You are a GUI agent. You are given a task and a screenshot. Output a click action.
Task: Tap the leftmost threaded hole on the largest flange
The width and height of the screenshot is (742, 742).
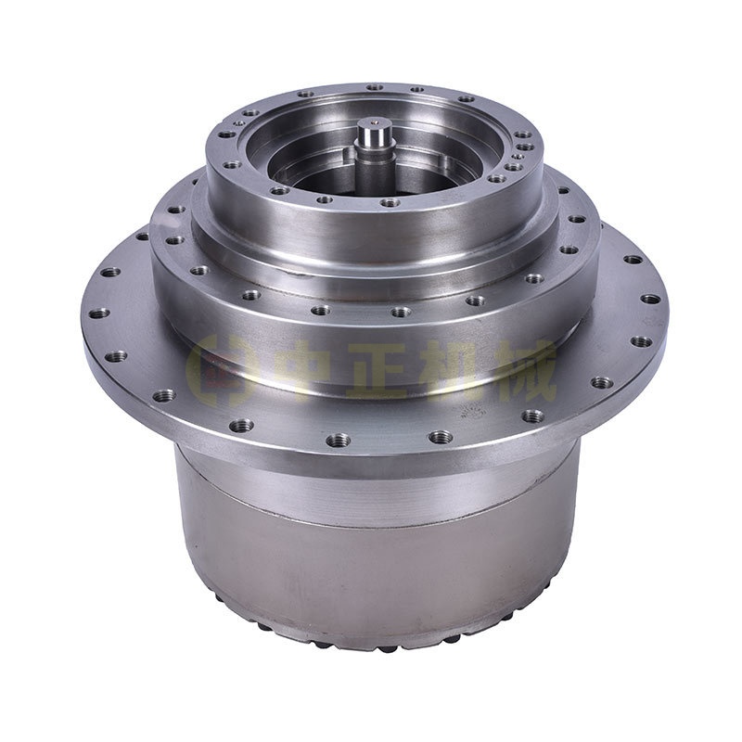99,313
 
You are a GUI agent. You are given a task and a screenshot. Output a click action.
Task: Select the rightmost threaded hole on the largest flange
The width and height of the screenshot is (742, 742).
650,299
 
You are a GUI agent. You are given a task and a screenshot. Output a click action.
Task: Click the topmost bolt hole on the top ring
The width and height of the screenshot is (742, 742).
375,87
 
